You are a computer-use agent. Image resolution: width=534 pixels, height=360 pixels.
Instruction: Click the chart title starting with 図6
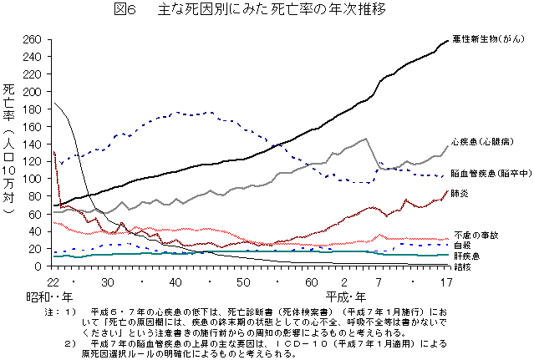(267, 9)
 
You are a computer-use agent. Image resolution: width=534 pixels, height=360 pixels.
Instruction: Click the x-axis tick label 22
(53, 281)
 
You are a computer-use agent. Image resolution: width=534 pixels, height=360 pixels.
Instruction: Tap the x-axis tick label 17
(447, 281)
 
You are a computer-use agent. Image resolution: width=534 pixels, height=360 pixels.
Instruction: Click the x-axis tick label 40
(176, 281)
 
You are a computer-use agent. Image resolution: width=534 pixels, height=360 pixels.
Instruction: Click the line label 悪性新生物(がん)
(489, 38)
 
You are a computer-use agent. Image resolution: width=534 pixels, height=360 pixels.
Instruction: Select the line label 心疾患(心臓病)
(483, 142)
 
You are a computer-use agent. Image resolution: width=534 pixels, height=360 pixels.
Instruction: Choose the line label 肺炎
(460, 193)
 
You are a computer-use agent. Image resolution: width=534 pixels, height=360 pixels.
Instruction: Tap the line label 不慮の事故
(475, 235)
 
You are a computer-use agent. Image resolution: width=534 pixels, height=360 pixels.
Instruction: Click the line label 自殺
(461, 245)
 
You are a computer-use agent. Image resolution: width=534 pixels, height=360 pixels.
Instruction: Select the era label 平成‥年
(345, 296)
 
